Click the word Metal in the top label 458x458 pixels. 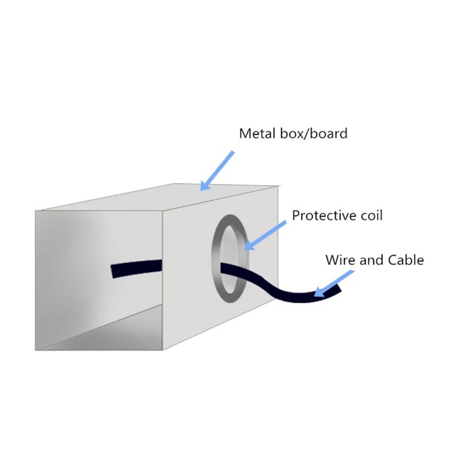tap(257, 133)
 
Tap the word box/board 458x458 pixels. tap(314, 133)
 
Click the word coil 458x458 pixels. tap(372, 215)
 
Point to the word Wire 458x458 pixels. tap(341, 260)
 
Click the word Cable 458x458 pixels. tap(405, 260)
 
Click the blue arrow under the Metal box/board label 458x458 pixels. tap(217, 171)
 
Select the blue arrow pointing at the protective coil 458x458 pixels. tap(264, 235)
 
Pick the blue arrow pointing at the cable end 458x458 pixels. tap(334, 283)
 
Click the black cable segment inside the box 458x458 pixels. tap(136, 268)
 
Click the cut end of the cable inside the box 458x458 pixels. tap(113, 271)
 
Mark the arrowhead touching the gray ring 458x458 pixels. tap(248, 246)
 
